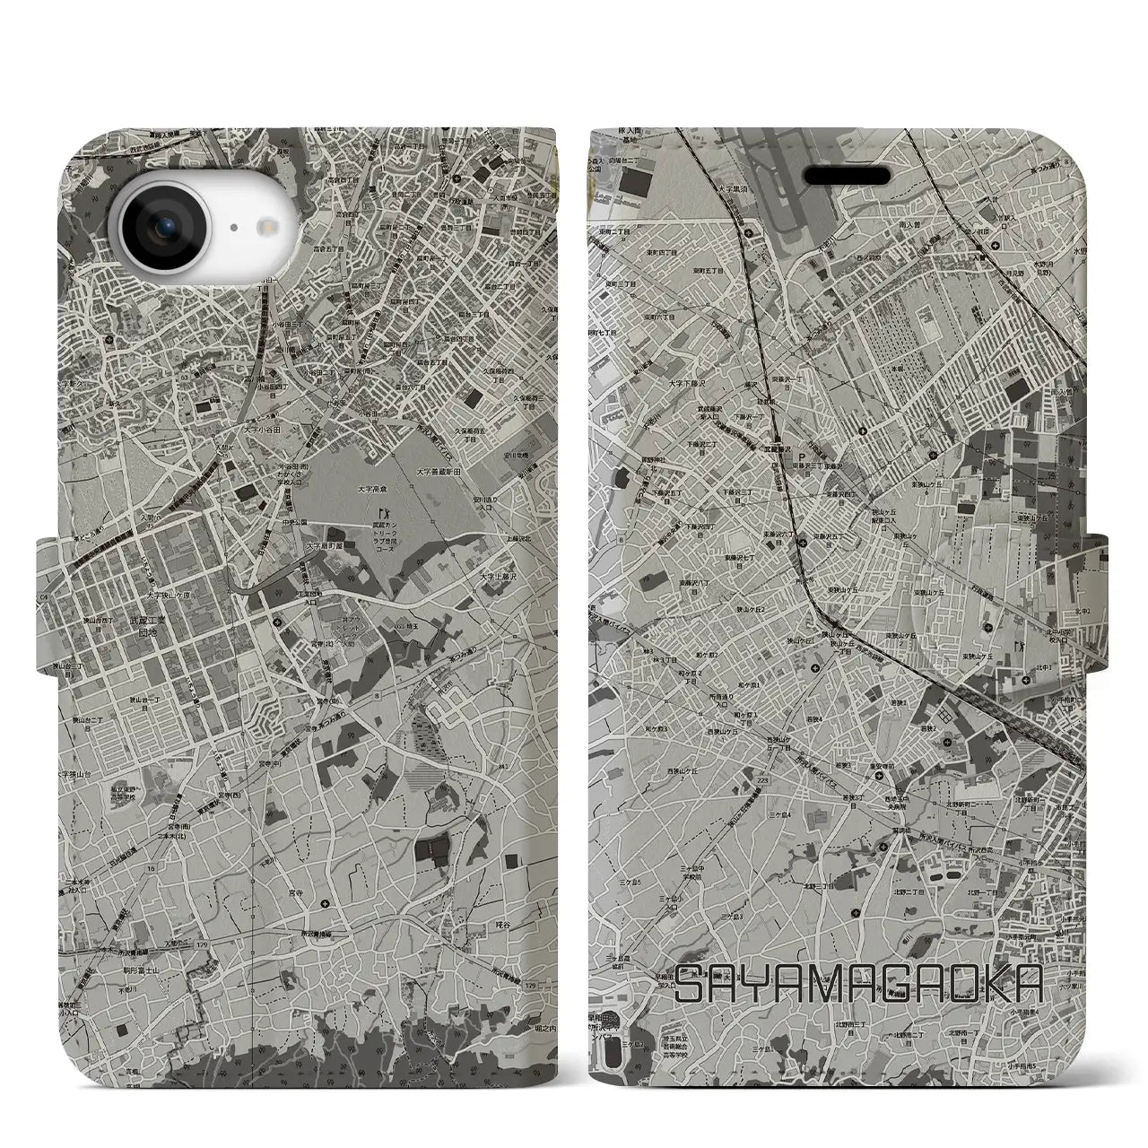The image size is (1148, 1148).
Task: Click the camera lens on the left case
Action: coord(167,204)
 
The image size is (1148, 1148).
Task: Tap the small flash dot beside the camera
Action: coord(239,204)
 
